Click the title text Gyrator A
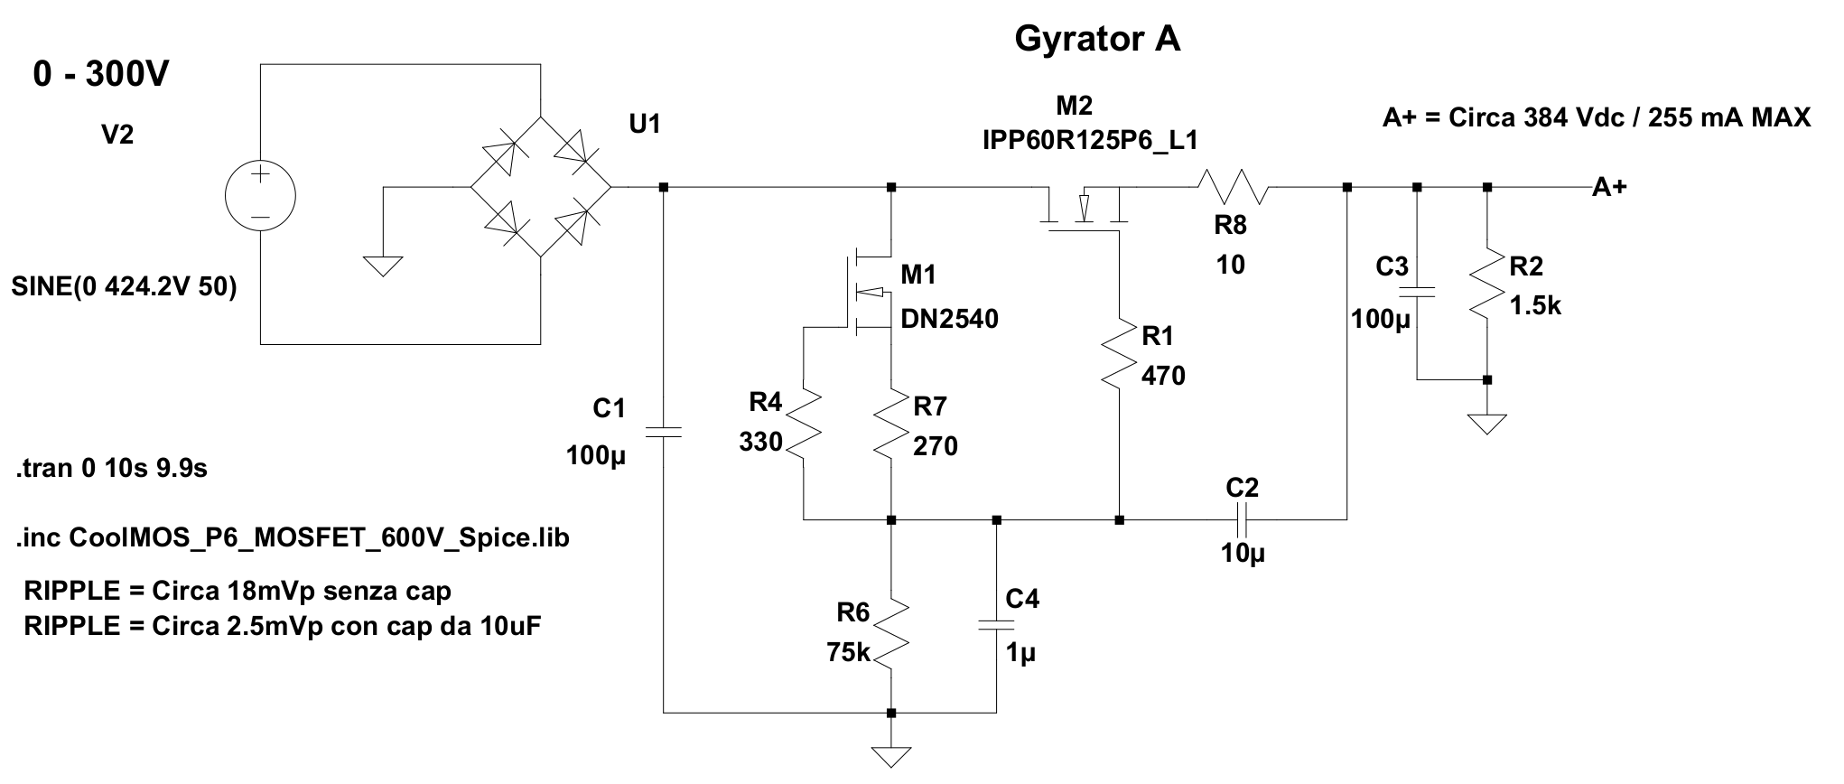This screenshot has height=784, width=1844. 1097,39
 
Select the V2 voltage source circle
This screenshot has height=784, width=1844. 260,196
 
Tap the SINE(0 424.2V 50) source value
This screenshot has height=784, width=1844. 125,287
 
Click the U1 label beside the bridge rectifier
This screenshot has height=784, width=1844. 645,125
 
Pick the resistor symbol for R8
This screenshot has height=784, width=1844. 1234,189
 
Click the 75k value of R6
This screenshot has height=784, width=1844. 848,652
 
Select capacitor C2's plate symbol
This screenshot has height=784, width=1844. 1242,519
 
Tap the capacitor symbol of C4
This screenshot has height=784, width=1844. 997,624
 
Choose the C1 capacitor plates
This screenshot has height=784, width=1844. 664,433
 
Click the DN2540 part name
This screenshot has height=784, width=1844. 950,319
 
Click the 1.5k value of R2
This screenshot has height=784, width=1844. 1535,306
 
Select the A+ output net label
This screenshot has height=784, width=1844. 1609,188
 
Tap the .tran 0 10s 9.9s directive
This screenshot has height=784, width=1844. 111,470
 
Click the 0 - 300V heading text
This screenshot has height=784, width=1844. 100,76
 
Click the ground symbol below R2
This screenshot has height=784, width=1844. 1486,423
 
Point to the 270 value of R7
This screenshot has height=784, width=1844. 936,446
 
